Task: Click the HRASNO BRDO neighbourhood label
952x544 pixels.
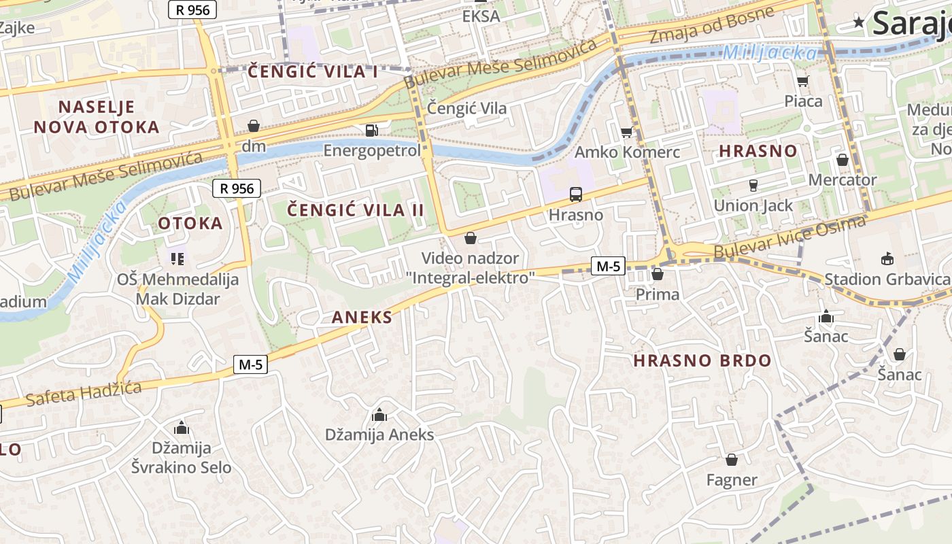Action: point(702,360)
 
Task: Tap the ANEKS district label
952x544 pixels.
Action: point(362,317)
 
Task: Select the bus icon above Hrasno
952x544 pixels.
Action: point(576,195)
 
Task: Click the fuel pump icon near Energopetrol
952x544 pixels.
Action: point(371,130)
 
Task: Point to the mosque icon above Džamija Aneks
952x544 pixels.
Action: point(379,415)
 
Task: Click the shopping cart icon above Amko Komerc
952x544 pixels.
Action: point(626,132)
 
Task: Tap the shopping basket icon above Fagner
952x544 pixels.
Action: point(732,460)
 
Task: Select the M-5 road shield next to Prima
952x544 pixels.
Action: point(608,266)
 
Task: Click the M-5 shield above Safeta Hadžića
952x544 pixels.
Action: point(250,365)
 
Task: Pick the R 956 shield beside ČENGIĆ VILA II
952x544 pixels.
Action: point(237,188)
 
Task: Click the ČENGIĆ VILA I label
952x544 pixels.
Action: point(313,71)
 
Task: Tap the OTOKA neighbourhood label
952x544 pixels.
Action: point(190,223)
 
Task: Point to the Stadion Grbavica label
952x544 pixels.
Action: point(886,279)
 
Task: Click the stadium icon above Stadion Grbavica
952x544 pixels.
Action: point(887,258)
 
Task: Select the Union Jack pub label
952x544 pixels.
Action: point(753,205)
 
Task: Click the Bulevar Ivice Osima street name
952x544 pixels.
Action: point(789,238)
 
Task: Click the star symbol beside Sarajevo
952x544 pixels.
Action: point(860,22)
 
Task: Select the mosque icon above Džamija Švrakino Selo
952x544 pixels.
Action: point(181,428)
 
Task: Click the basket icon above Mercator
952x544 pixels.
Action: point(842,160)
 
